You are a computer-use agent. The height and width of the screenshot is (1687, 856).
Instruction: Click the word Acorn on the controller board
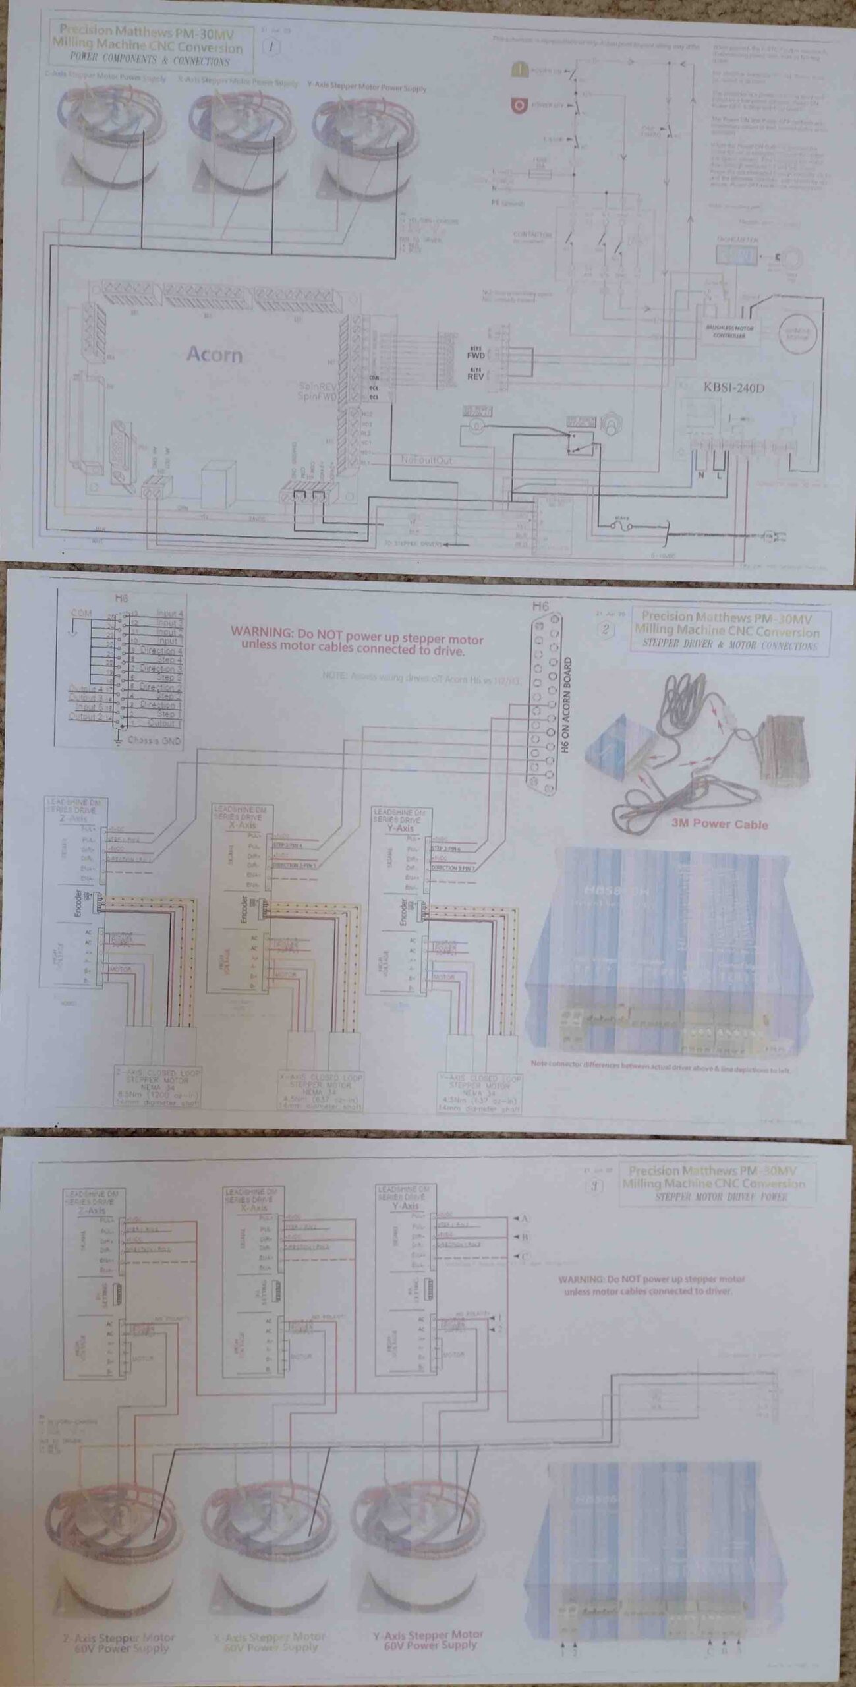pyautogui.click(x=214, y=355)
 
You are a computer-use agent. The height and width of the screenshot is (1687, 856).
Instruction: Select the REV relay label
pyautogui.click(x=476, y=377)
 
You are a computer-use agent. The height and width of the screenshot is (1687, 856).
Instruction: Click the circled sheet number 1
pyautogui.click(x=271, y=47)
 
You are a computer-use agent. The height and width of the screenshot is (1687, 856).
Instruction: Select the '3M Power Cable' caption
pyautogui.click(x=719, y=824)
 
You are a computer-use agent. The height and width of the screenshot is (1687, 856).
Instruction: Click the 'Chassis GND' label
pyautogui.click(x=153, y=740)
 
